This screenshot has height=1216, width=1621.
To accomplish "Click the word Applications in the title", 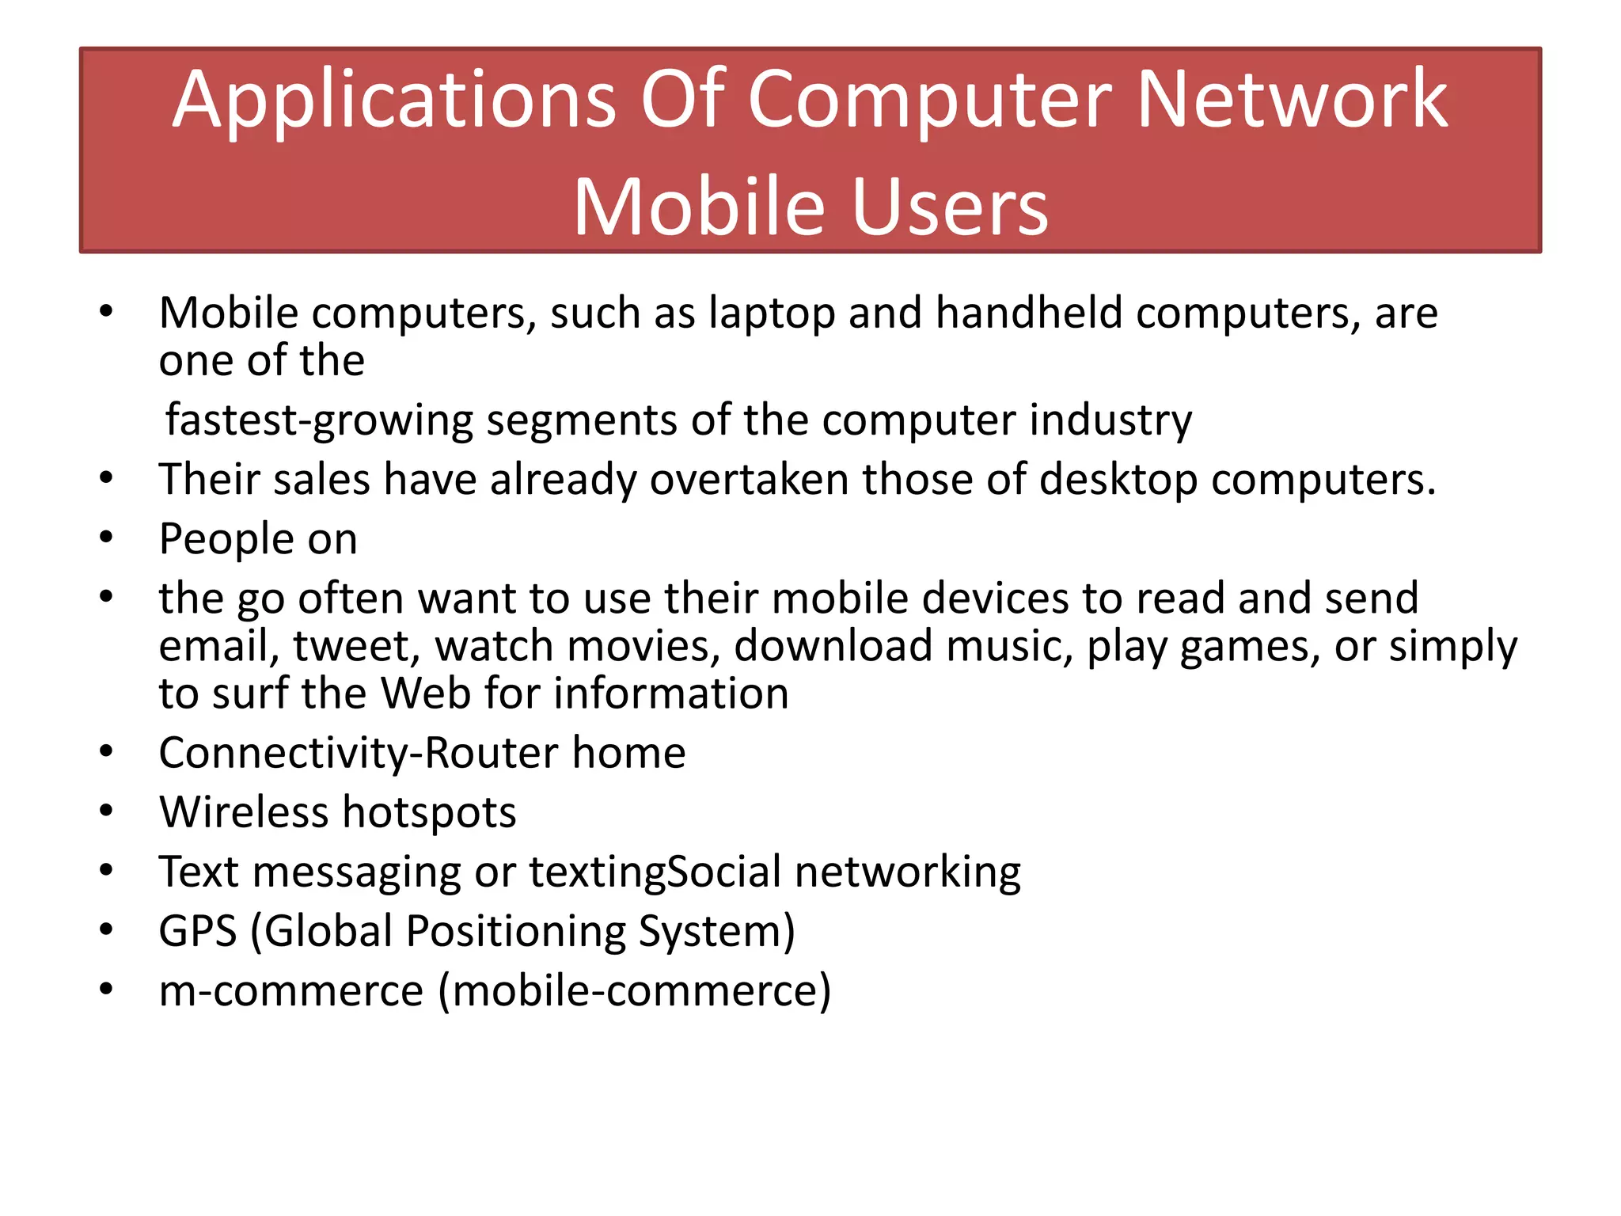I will point(393,101).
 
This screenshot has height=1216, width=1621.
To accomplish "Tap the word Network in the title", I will point(1292,100).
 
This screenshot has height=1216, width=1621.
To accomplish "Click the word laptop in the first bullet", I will point(772,314).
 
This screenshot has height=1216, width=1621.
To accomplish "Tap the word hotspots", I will point(429,813).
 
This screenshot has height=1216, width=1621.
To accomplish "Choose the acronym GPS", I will point(197,931).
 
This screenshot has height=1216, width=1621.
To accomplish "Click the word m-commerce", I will point(291,991).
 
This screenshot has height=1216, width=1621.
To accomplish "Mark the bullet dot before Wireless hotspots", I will point(107,811).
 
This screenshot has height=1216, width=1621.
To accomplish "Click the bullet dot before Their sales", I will point(107,478).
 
